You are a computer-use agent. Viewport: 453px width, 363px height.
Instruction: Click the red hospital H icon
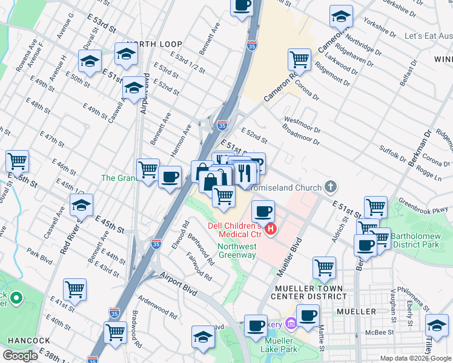click(x=272, y=229)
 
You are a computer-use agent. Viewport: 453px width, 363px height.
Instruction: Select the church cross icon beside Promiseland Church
click(x=331, y=187)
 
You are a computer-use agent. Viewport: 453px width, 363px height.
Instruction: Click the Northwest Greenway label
click(x=237, y=250)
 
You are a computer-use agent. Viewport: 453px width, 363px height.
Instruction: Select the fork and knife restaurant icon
click(x=245, y=172)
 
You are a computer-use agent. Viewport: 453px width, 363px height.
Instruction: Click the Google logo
click(x=20, y=356)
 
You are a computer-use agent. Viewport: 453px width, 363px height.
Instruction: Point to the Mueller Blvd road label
click(x=289, y=257)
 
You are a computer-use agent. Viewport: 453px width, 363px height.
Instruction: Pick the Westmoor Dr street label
click(x=302, y=125)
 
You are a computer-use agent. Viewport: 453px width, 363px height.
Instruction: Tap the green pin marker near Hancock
click(x=16, y=298)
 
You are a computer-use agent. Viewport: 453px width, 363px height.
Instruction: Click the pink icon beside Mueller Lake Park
click(x=290, y=324)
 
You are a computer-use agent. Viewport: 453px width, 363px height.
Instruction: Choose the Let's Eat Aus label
click(x=428, y=36)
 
